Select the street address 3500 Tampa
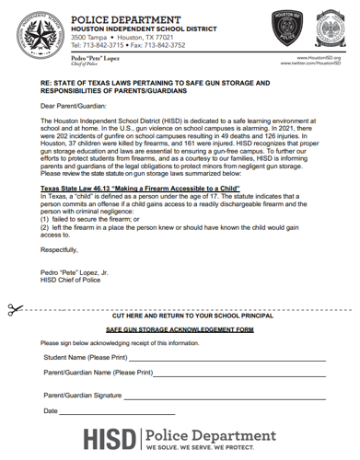[95, 36]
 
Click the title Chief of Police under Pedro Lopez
[88, 64]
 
